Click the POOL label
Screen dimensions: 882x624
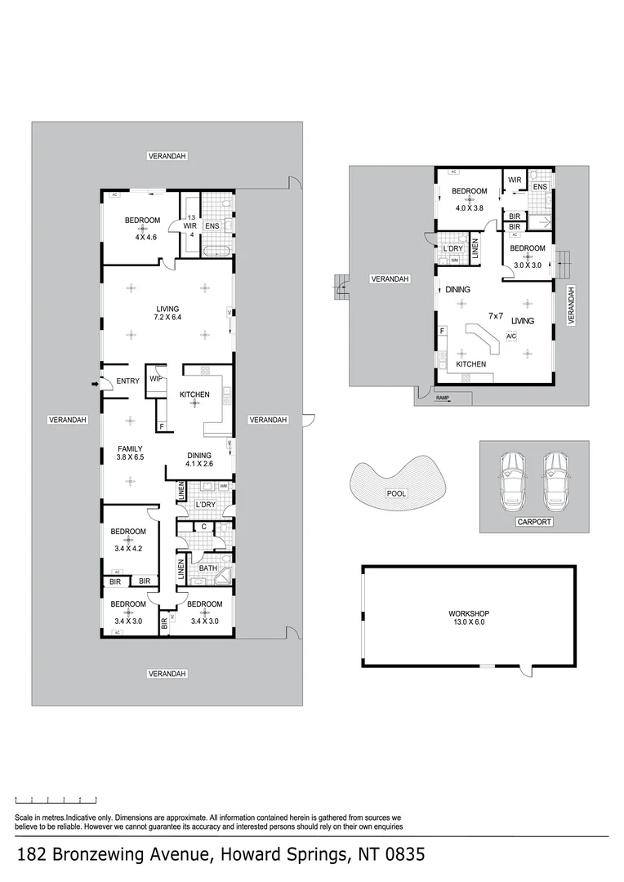(396, 493)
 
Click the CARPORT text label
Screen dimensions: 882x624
(534, 521)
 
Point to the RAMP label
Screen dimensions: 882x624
(443, 398)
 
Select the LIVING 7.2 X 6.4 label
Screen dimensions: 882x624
(167, 313)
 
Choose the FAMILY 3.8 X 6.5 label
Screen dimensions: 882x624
(130, 453)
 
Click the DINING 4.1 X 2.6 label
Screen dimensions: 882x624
(198, 460)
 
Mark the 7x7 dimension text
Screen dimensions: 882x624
(496, 315)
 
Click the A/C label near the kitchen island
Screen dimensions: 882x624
(511, 336)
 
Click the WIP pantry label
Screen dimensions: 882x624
(155, 378)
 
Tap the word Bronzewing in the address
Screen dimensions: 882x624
(104, 855)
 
